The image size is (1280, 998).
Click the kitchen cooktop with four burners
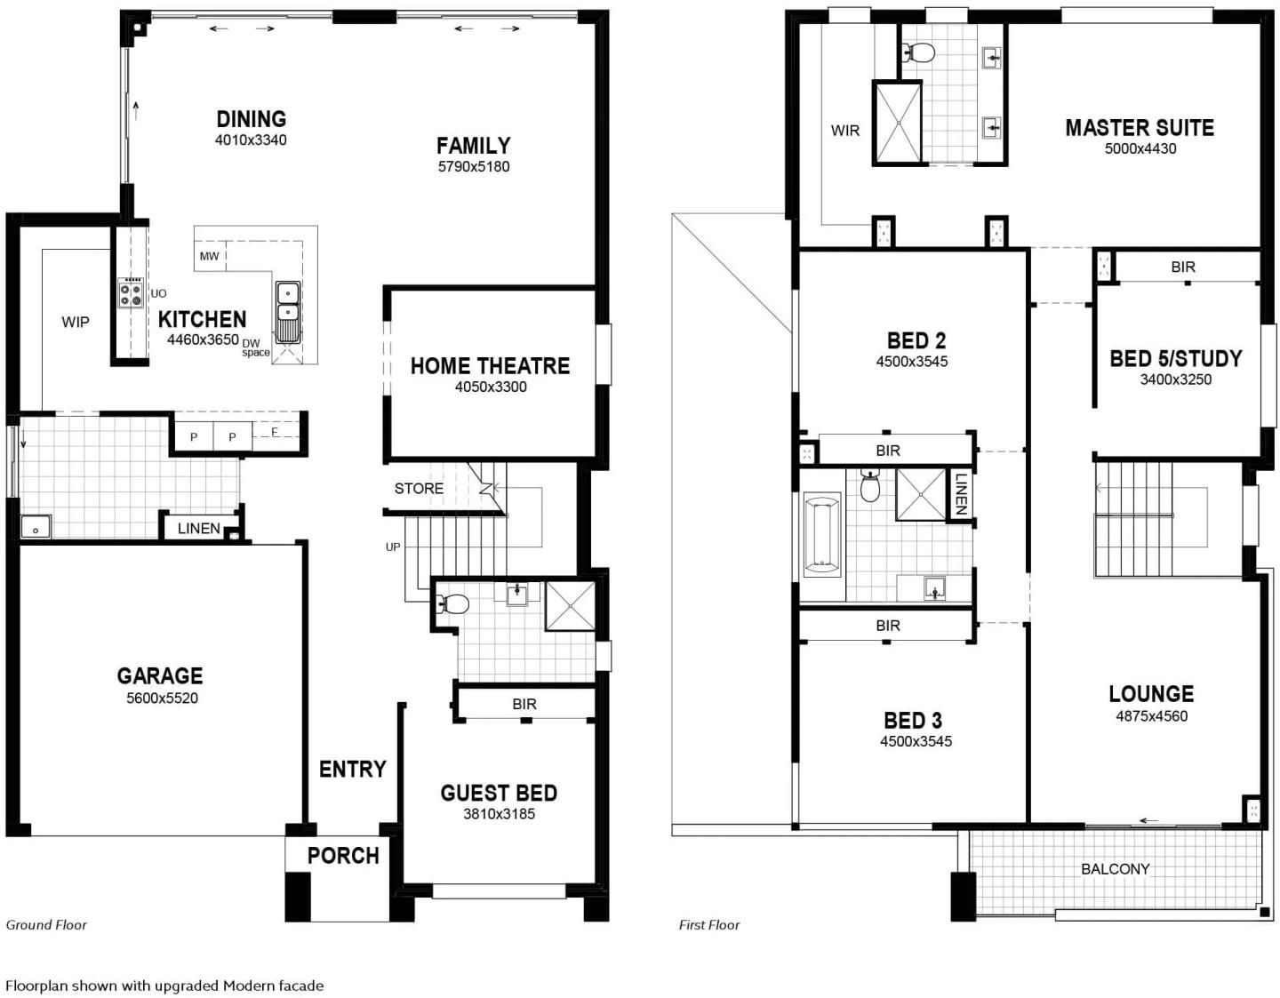[132, 292]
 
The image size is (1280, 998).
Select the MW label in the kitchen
[209, 256]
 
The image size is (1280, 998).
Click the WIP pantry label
[76, 322]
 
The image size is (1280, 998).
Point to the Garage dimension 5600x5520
[162, 699]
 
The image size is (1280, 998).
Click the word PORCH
[343, 856]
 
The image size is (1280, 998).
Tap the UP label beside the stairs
[393, 547]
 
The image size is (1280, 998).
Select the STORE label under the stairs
[419, 488]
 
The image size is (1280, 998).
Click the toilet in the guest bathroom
[452, 603]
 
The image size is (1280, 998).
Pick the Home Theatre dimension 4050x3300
[491, 387]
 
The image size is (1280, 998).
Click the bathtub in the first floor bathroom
[821, 535]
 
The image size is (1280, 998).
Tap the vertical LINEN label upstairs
[960, 495]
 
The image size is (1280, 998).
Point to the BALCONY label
[1115, 868]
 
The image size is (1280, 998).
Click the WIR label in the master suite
[845, 130]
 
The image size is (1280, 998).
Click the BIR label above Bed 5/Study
[1183, 267]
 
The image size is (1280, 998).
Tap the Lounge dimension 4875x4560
[1152, 716]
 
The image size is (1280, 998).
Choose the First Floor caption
[709, 925]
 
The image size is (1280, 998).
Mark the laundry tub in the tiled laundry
[36, 526]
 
